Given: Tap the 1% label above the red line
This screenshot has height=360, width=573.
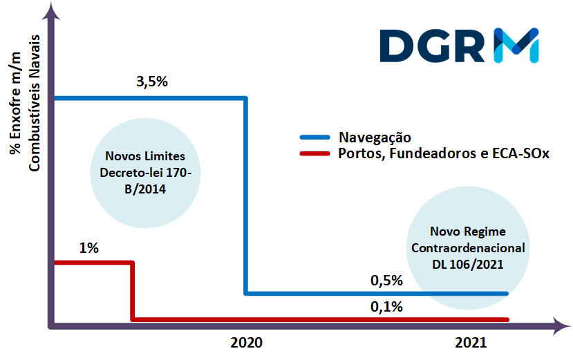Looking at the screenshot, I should tap(88, 247).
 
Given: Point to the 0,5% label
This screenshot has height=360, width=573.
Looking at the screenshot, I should tap(386, 281).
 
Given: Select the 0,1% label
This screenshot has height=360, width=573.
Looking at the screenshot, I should tap(386, 307).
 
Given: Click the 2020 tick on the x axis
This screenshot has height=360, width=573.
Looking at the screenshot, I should tap(246, 343).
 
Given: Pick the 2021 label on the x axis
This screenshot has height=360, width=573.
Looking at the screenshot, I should tap(471, 343).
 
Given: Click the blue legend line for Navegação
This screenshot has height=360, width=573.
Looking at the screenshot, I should tap(314, 138).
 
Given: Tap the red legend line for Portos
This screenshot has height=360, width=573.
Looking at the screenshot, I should tap(314, 154).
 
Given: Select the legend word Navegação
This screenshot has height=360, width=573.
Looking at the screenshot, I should tap(375, 138).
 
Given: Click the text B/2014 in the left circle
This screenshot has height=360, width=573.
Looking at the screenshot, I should tap(145, 187).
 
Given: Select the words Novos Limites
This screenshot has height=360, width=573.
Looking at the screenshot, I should tap(145, 156).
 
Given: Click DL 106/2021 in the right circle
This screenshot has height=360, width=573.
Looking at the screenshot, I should tap(468, 263).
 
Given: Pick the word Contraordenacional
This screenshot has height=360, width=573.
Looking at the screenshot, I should tap(468, 247).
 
